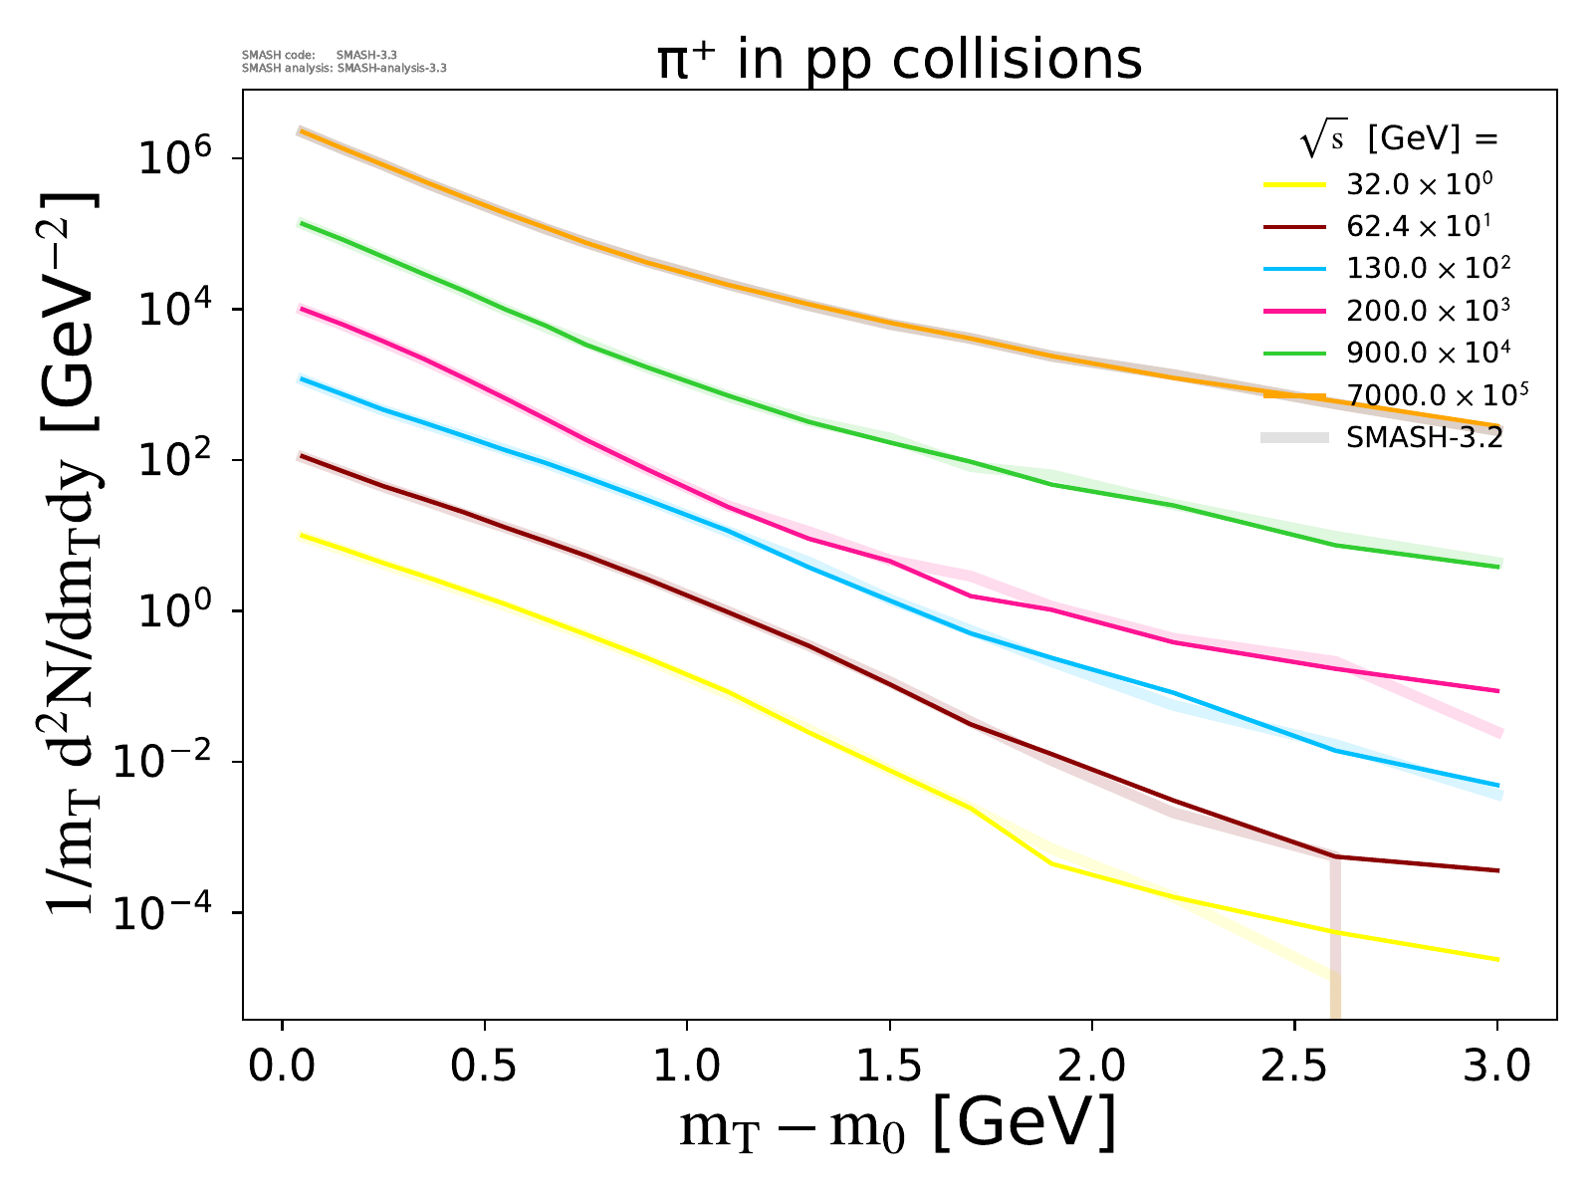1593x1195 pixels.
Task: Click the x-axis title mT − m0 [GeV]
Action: coord(897,1125)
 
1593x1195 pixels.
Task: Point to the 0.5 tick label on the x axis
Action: coord(484,1068)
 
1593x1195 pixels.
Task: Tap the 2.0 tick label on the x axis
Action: coord(1091,1068)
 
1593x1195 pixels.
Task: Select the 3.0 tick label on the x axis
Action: coord(1496,1068)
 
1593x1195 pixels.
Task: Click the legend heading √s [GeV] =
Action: coord(1399,140)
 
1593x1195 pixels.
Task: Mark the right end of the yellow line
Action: coord(1497,959)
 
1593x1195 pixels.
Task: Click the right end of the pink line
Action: coord(1497,690)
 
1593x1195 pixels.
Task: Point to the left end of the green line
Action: coord(302,223)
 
